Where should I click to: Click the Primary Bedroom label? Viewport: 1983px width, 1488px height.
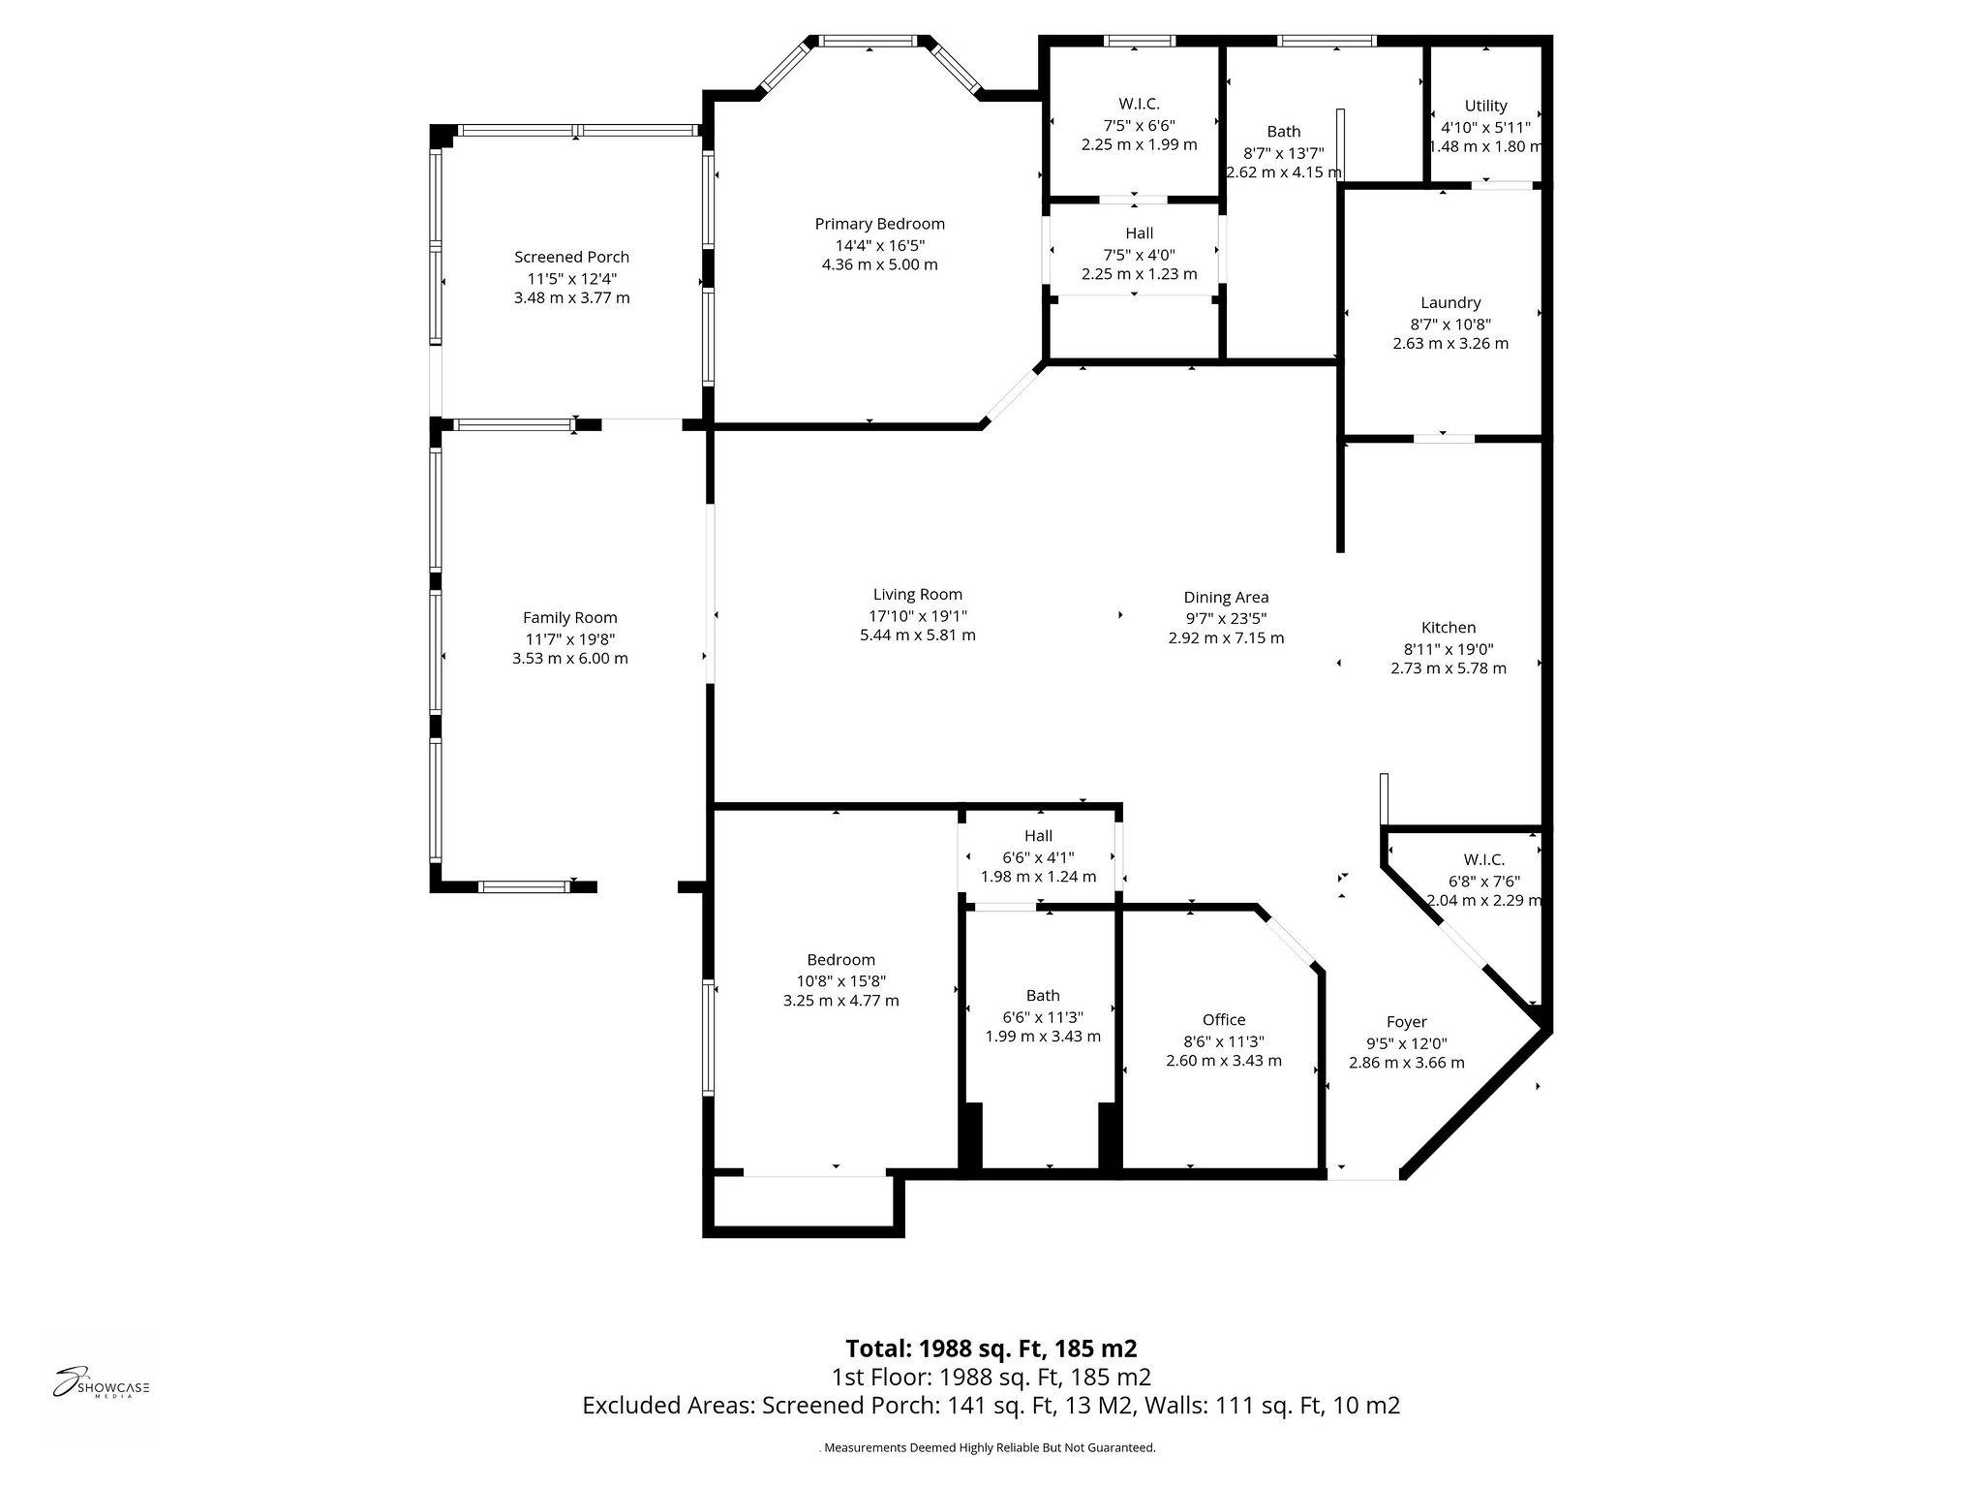click(x=879, y=224)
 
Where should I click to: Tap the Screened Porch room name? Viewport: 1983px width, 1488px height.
click(x=571, y=257)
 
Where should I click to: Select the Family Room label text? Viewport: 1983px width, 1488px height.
click(x=569, y=618)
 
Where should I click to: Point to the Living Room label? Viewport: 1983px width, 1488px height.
click(x=918, y=595)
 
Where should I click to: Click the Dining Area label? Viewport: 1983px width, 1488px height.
click(x=1226, y=598)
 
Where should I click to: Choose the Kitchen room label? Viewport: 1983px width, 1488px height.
click(x=1449, y=628)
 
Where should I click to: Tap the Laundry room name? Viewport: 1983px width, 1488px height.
click(x=1450, y=303)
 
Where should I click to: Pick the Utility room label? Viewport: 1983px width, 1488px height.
click(x=1485, y=106)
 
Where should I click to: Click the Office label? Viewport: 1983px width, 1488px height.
click(x=1224, y=1019)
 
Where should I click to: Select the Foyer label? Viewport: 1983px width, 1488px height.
click(x=1406, y=1021)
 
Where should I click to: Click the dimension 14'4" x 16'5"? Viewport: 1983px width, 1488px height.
click(x=879, y=244)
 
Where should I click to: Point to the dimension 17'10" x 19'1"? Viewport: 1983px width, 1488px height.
click(x=918, y=615)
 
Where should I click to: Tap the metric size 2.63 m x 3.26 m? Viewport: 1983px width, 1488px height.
click(x=1450, y=344)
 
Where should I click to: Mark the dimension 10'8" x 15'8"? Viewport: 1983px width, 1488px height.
click(x=840, y=980)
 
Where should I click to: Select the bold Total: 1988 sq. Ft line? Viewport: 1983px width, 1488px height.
click(x=991, y=1348)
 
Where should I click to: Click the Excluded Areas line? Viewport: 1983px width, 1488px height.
click(x=991, y=1406)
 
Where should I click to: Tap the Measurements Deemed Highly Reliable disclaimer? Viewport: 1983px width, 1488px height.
click(x=988, y=1447)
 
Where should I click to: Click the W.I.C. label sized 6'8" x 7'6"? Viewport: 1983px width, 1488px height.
click(x=1483, y=860)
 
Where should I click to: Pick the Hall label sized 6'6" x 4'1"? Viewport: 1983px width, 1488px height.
click(x=1038, y=836)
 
